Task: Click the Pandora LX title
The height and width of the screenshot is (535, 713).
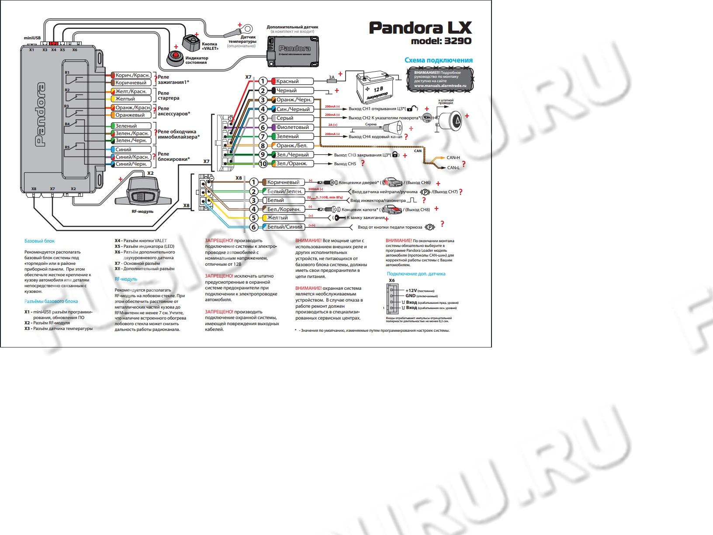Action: [x=420, y=28]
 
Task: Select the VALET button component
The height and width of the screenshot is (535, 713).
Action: [x=190, y=43]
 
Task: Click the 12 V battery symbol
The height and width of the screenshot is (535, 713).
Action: [x=375, y=85]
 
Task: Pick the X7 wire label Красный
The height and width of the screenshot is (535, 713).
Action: [x=287, y=81]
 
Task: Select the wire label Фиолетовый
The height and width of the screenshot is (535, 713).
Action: [x=292, y=127]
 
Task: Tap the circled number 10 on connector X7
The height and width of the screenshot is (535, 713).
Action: [x=263, y=164]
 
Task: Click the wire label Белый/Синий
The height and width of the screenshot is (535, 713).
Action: [x=284, y=227]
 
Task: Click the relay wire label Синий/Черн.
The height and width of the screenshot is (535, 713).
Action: [x=131, y=164]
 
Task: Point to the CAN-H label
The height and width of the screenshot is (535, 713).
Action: [x=453, y=158]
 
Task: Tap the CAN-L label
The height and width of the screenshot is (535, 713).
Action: [x=453, y=168]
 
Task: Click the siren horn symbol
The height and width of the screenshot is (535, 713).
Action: [x=395, y=127]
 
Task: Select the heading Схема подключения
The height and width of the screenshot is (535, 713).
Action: [x=438, y=60]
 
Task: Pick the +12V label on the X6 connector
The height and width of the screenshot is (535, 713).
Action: [x=411, y=291]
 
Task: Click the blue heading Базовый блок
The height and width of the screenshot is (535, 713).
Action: [x=39, y=241]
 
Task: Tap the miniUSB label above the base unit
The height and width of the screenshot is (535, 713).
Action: [x=32, y=38]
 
